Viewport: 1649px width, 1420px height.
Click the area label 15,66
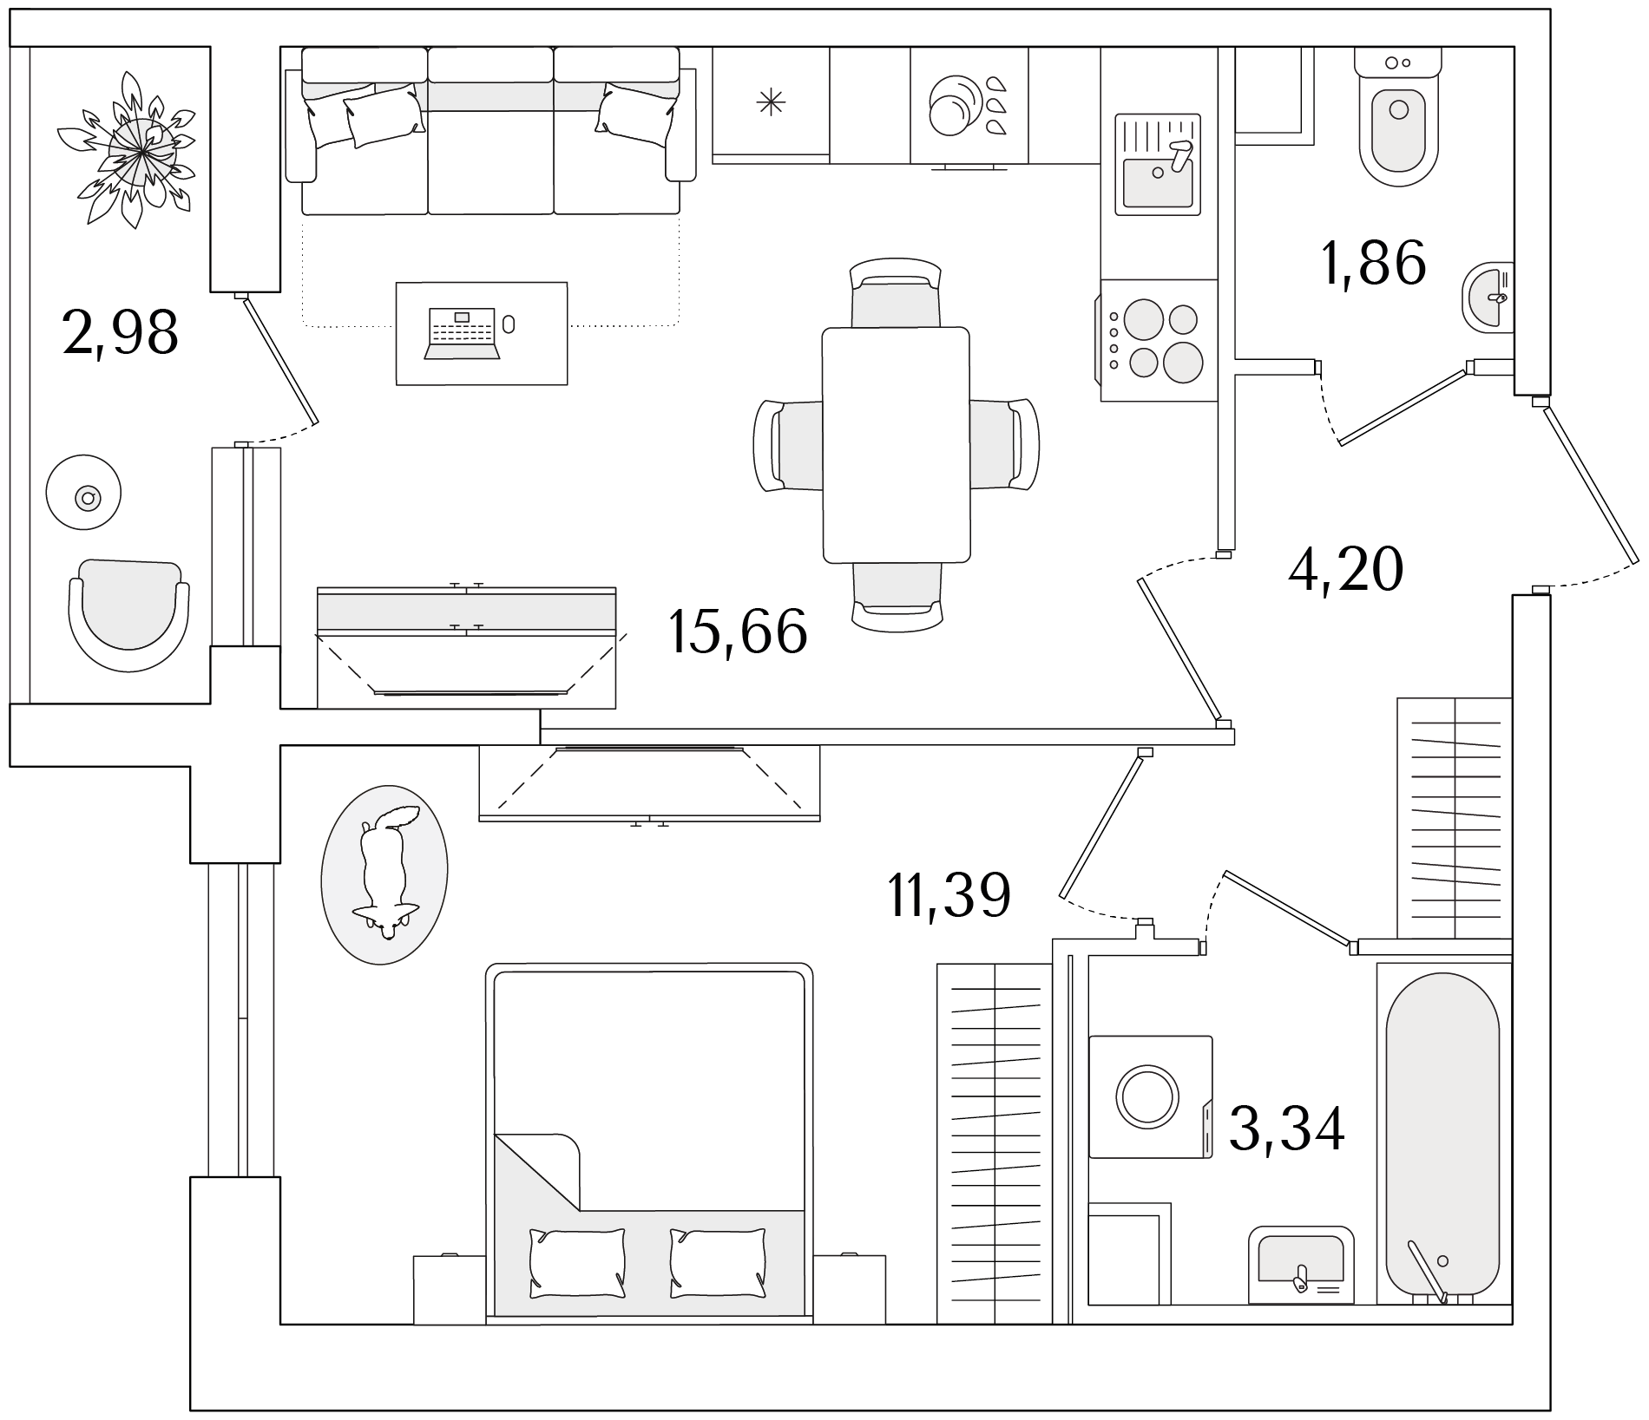click(738, 631)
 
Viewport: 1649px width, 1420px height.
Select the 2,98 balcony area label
click(121, 331)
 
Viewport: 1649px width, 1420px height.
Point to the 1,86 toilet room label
click(1373, 262)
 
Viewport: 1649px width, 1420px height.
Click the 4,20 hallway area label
click(1345, 569)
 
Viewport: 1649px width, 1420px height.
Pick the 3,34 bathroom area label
click(1287, 1128)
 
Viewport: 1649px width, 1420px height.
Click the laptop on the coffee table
click(462, 333)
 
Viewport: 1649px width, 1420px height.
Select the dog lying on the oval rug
click(385, 873)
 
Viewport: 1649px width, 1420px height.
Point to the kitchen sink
click(1159, 164)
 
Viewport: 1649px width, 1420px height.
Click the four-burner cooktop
click(1158, 340)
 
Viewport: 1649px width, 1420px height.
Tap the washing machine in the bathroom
click(1151, 1096)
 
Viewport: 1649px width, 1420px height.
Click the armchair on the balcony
click(129, 614)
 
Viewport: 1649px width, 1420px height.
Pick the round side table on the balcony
click(84, 493)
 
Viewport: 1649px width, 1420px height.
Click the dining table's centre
click(896, 445)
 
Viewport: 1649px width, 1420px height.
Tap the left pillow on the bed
click(577, 1263)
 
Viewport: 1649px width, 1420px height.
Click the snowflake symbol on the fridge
click(771, 104)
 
